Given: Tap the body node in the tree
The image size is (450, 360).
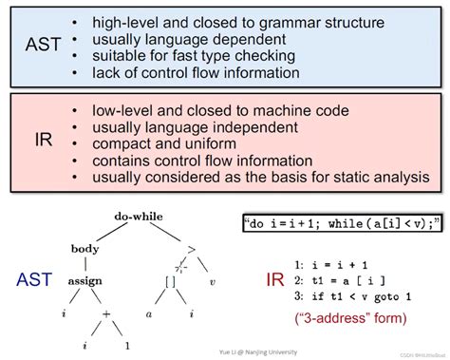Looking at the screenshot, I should point(84,249).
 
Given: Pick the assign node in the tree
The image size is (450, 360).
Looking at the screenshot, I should point(84,281).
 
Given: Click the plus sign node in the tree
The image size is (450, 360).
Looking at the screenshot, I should point(106,311).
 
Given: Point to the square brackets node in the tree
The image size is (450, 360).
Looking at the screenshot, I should point(172,281).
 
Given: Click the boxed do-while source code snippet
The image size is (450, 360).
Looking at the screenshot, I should point(342,223).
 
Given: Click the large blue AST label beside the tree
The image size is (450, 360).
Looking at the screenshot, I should point(33,281).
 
